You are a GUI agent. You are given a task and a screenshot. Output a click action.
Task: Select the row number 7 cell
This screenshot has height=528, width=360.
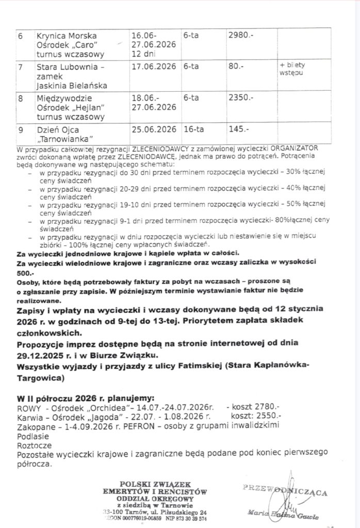[x=20, y=67]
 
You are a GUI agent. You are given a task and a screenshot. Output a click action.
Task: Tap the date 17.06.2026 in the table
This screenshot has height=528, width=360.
[x=154, y=67]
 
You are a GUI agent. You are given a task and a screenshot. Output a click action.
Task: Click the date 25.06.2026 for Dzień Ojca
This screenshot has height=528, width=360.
[x=154, y=129]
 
